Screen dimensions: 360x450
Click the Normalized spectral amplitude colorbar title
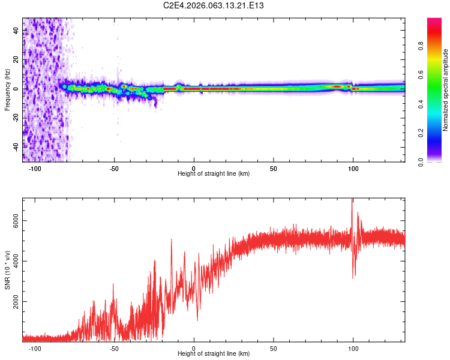pos(445,90)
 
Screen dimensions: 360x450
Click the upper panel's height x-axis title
pos(214,173)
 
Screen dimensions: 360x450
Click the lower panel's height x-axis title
pos(214,353)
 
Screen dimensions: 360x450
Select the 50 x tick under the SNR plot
pos(274,348)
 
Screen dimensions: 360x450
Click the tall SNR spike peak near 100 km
pos(352,200)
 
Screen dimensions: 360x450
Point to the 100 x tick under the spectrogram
pos(353,168)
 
